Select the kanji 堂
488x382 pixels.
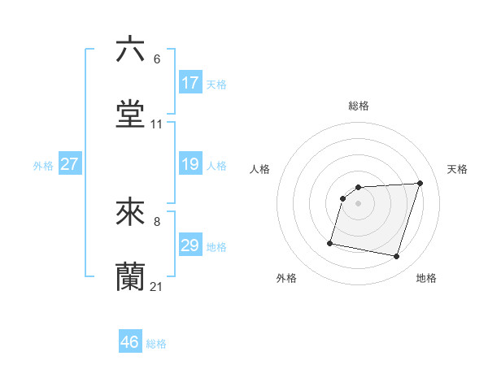tap(130, 114)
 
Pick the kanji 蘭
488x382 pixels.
tap(130, 276)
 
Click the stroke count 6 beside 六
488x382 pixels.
tap(156, 59)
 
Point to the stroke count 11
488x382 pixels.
tap(157, 124)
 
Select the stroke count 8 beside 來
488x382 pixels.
tap(156, 221)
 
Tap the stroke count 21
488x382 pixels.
tap(157, 287)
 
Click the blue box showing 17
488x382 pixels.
tap(190, 83)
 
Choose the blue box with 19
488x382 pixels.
tap(190, 165)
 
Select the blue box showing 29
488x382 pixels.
tap(190, 246)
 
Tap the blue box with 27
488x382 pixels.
tap(69, 165)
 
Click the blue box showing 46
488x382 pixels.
tap(130, 342)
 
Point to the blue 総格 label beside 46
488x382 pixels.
tap(156, 344)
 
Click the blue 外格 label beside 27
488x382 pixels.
tap(43, 166)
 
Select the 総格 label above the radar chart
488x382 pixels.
tap(358, 106)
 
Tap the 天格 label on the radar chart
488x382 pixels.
tap(457, 169)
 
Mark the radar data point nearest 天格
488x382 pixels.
tap(420, 184)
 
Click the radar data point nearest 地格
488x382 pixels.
tap(396, 257)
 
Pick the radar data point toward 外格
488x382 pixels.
tap(330, 242)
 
